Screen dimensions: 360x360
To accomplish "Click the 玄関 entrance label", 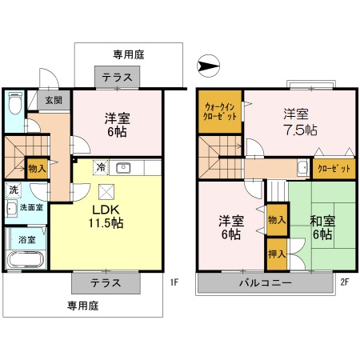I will [x=54, y=100].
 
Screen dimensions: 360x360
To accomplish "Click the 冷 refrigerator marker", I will [x=101, y=168].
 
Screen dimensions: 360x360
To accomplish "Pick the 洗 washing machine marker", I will [x=13, y=190].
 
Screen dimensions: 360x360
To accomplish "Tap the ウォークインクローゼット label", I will [x=220, y=111].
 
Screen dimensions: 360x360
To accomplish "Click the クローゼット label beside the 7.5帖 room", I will [x=328, y=168].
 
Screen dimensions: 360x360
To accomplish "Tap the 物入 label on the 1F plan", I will [x=37, y=168].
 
